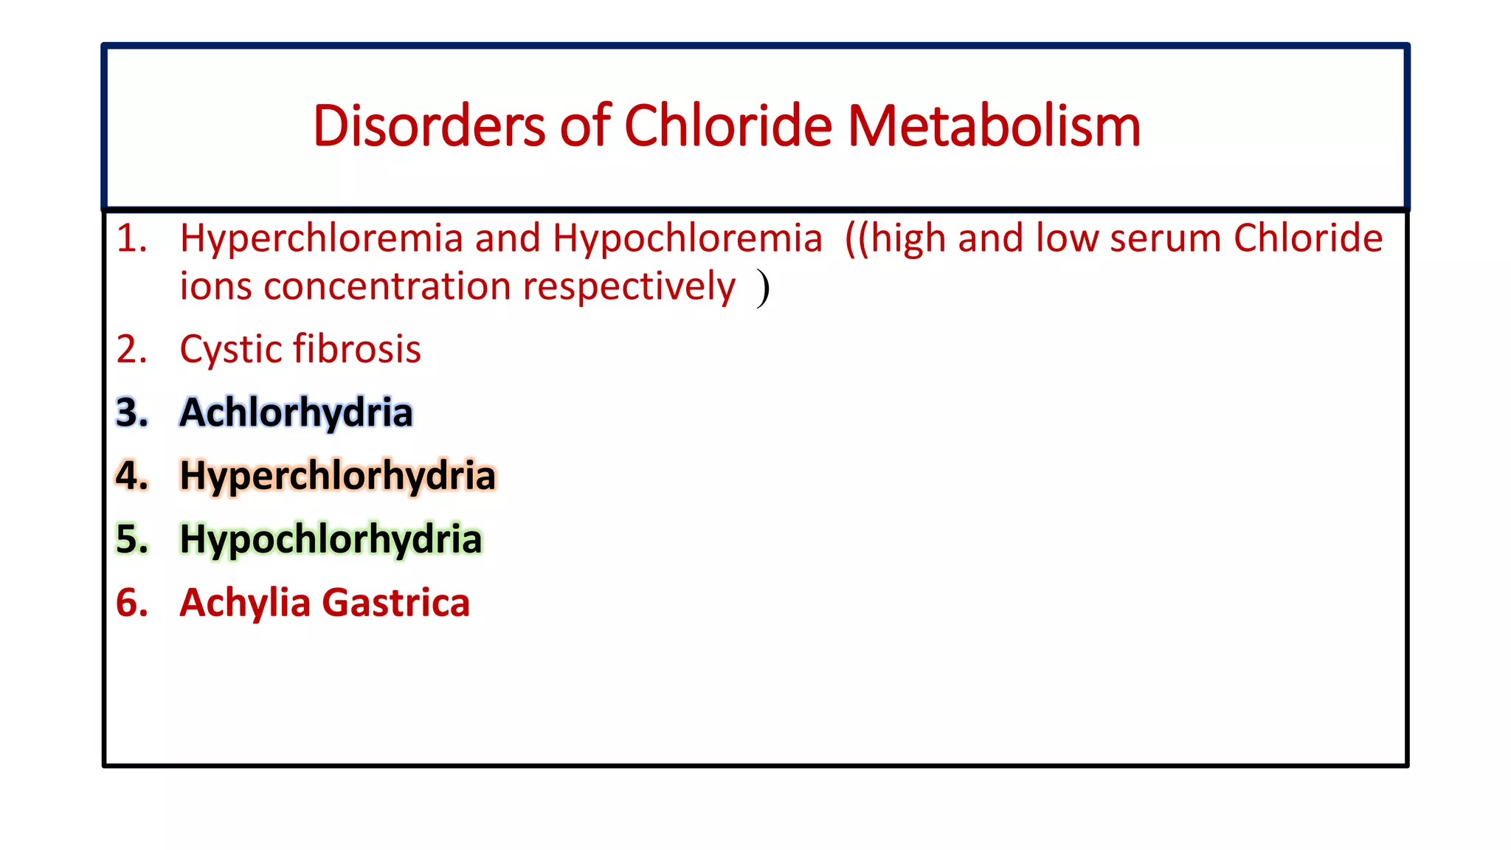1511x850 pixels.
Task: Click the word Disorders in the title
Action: (429, 126)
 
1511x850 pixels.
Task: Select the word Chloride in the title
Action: (727, 126)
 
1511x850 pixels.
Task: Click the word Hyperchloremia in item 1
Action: (321, 240)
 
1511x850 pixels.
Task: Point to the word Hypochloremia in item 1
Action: (687, 240)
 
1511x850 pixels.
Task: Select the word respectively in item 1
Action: (629, 287)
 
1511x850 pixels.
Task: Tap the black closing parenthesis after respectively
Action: (763, 288)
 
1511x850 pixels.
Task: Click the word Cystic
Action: (229, 350)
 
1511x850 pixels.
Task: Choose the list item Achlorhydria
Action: (296, 412)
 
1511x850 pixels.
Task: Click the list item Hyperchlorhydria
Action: (337, 476)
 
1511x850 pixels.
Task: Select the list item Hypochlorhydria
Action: (331, 539)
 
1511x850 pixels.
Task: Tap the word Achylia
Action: (245, 604)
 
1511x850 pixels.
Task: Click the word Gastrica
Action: (396, 604)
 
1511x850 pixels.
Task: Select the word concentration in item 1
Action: (387, 287)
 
